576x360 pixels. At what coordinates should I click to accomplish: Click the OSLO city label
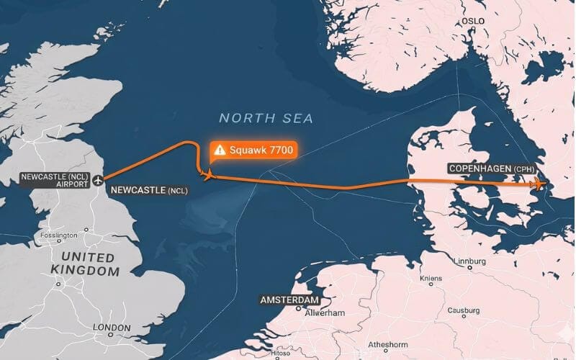click(x=474, y=21)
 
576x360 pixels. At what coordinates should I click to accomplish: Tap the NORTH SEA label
click(x=266, y=117)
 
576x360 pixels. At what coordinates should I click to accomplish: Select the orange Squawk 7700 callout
click(x=253, y=150)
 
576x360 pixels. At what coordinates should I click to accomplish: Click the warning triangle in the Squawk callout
click(x=220, y=150)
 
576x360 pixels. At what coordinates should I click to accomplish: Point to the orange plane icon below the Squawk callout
click(x=209, y=174)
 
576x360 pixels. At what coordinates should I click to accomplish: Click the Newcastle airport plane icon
click(x=97, y=181)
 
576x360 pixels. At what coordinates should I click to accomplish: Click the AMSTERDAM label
click(x=289, y=300)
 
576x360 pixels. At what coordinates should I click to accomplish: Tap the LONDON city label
click(x=112, y=328)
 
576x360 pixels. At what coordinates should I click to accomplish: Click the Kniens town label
click(x=431, y=278)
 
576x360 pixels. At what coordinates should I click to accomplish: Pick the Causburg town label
click(x=464, y=310)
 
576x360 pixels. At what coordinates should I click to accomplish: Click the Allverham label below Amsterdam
click(x=325, y=313)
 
